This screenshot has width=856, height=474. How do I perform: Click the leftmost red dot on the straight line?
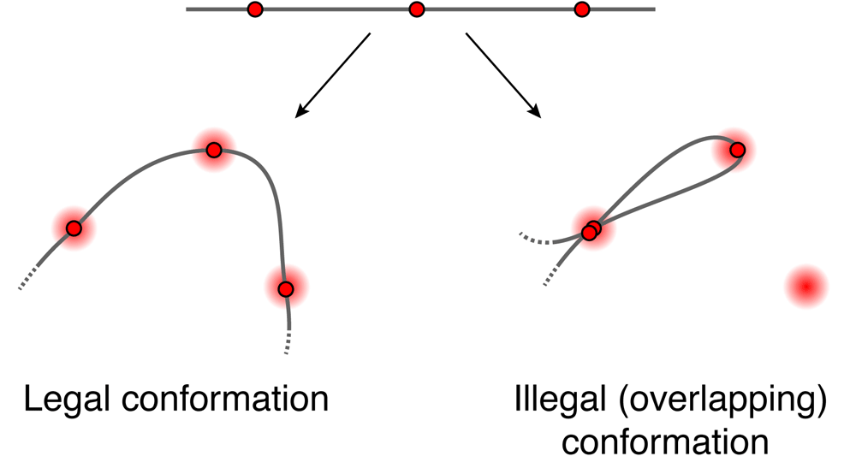click(x=255, y=9)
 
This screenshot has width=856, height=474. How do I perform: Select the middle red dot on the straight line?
click(x=417, y=9)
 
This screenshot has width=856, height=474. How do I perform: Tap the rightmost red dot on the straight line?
click(x=582, y=9)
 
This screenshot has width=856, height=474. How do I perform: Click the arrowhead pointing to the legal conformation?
click(x=300, y=111)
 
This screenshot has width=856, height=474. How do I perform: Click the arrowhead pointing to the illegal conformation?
click(x=535, y=111)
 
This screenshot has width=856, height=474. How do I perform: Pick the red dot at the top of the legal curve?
click(x=214, y=150)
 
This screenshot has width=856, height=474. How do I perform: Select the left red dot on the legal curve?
click(x=74, y=228)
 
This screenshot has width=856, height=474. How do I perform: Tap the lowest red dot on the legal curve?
click(x=286, y=288)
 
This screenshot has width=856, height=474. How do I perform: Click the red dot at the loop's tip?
click(x=738, y=150)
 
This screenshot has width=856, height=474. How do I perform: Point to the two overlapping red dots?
click(x=591, y=230)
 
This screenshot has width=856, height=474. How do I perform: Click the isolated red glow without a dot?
click(x=807, y=287)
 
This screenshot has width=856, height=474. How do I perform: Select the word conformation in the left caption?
click(x=225, y=399)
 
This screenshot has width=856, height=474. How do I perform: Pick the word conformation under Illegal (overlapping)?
click(x=665, y=442)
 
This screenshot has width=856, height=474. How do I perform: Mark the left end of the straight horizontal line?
click(x=187, y=9)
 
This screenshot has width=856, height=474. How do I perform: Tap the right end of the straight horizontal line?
click(x=655, y=9)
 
